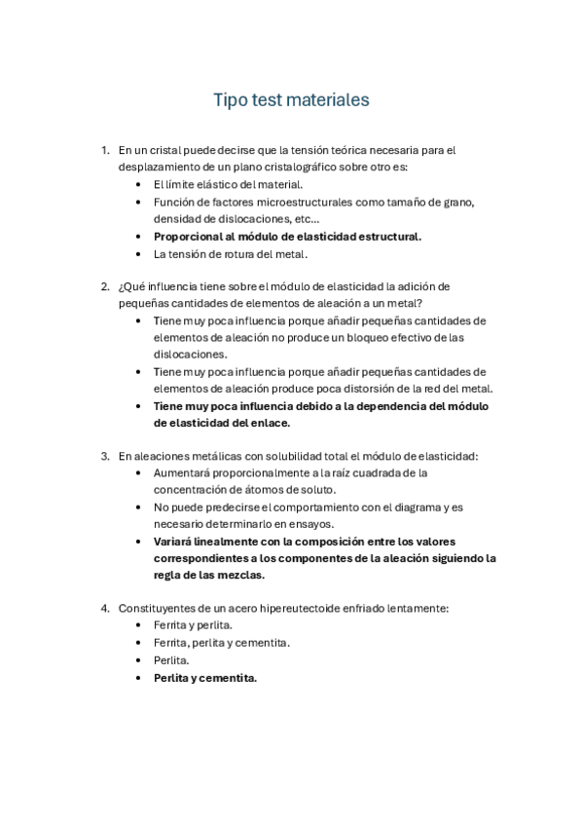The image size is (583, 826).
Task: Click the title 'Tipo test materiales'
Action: coord(291,100)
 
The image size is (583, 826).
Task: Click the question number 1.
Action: coord(104,150)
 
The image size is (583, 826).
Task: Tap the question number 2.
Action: coord(104,286)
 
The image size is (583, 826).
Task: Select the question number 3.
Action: coord(104,456)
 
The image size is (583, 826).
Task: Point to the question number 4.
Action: coord(104,608)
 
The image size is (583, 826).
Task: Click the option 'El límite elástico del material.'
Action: coord(229,184)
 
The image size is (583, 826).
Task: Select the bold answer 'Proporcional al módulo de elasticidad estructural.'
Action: coord(287,236)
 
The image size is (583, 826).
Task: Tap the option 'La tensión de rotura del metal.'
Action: coord(231,253)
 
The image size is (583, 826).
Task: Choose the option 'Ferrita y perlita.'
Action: coord(193,625)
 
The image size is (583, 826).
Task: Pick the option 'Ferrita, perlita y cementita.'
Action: coord(221,643)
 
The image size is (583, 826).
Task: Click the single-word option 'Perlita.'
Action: coord(172,660)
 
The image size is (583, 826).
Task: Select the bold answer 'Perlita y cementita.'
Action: coord(205,678)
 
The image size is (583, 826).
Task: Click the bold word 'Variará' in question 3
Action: coord(174,541)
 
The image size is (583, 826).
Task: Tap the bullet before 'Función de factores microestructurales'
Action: coord(141,202)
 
